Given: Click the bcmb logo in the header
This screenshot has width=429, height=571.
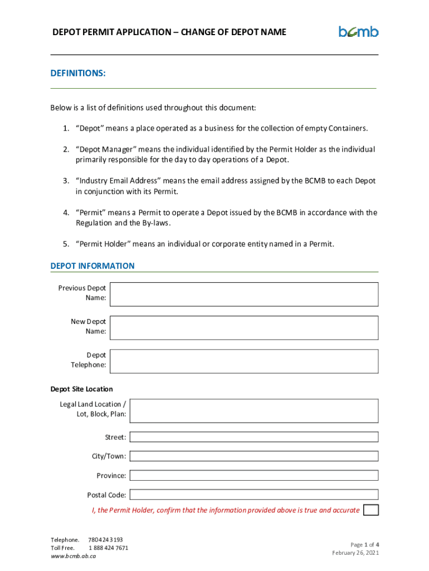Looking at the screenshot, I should pos(358,32).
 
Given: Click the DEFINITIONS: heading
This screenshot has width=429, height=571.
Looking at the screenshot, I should pos(78,74).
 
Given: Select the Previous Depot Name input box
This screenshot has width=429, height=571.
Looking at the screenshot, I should pos(244,294).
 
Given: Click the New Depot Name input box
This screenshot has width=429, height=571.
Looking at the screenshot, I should pos(244,327).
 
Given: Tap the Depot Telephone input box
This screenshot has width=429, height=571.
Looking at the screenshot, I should pos(244,361).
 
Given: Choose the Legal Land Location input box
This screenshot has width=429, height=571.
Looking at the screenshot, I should pos(253,410).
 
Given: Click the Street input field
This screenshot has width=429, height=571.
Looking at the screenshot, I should pos(253,437).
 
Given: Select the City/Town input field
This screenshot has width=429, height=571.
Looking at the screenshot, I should pos(253,456).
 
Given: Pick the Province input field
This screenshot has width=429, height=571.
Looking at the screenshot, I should pos(253,475).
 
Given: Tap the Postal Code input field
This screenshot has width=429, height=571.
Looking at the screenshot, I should pos(253,495).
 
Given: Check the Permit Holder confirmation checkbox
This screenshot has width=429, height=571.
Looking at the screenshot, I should pos(370,510).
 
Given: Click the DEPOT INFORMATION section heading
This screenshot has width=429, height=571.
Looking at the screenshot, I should pos(92,266).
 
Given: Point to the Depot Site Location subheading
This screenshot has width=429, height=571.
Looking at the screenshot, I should pos(81,389).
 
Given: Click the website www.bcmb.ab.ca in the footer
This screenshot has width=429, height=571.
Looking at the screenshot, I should pos(74,556).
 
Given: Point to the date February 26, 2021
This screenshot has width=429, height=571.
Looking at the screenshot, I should pos(355,553).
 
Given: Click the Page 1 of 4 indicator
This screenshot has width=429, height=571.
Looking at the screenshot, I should pos(365,544).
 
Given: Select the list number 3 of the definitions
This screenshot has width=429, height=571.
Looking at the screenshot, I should pos(65,181).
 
